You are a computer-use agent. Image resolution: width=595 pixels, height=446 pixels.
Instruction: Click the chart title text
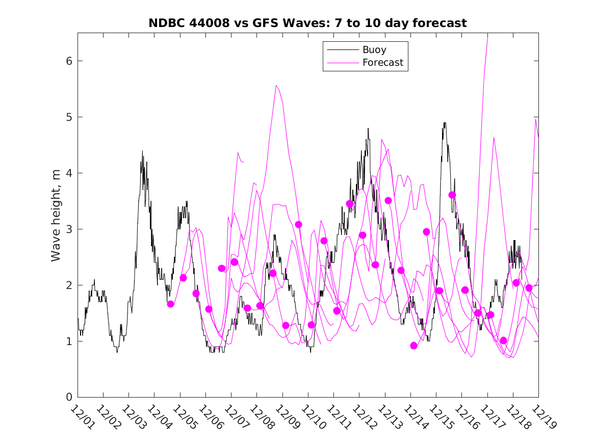(x=307, y=23)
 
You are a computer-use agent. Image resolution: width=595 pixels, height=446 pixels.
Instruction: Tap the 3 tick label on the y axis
(x=67, y=229)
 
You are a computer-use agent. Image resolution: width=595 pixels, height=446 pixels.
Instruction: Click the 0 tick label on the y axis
(x=67, y=397)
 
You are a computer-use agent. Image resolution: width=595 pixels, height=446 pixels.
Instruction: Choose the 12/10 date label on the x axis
(x=312, y=417)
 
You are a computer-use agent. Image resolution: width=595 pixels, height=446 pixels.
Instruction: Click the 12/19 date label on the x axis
(x=542, y=417)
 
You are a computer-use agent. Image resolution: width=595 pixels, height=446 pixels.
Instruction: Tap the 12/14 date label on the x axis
(x=414, y=417)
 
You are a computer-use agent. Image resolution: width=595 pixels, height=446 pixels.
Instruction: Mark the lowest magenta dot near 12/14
(x=413, y=346)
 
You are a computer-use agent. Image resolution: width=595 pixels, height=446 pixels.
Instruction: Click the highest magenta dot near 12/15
(x=452, y=195)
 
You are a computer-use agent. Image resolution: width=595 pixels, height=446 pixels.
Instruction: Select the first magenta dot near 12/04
(x=170, y=304)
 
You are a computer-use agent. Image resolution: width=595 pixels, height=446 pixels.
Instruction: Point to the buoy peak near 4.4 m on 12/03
(x=142, y=151)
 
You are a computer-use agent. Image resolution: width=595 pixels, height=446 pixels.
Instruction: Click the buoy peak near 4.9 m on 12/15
(x=445, y=123)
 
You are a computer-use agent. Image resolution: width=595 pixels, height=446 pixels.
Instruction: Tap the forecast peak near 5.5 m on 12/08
(x=276, y=86)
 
